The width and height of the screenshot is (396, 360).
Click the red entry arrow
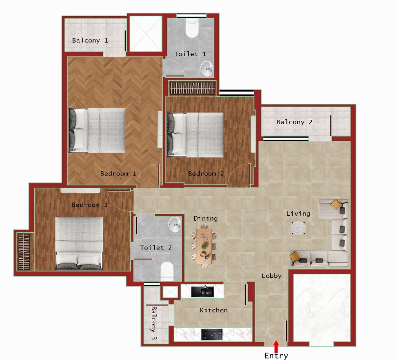[276, 346]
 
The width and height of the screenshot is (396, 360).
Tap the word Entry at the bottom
[276, 356]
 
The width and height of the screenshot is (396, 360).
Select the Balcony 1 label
[90, 40]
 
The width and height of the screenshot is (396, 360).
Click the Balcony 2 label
[294, 122]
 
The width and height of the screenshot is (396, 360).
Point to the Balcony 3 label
[154, 323]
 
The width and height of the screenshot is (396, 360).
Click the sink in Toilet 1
[208, 69]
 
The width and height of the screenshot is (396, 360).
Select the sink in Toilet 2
[175, 225]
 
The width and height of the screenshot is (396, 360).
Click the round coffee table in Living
[299, 228]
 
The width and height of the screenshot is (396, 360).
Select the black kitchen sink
[202, 292]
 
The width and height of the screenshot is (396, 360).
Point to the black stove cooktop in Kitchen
[212, 335]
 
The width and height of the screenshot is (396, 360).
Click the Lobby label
[271, 276]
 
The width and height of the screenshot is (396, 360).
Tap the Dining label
[206, 218]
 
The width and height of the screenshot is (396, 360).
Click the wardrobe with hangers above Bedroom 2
[192, 89]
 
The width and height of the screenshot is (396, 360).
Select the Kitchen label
[213, 310]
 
